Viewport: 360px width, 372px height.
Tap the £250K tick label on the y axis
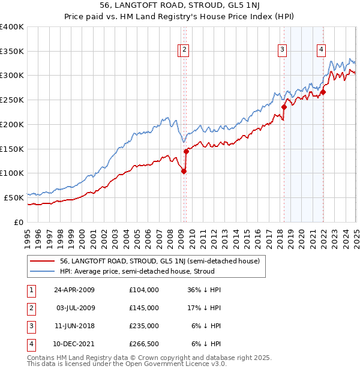pyautogui.click(x=12, y=100)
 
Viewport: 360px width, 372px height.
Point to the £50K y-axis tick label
pyautogui.click(x=14, y=197)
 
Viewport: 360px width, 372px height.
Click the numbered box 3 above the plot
pyautogui.click(x=282, y=50)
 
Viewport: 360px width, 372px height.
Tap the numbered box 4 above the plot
pyautogui.click(x=322, y=50)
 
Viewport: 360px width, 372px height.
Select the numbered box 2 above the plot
pyautogui.click(x=185, y=50)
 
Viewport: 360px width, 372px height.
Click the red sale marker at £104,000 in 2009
pyautogui.click(x=184, y=171)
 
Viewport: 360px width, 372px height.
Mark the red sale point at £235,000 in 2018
pyautogui.click(x=284, y=107)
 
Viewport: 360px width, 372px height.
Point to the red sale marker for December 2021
pyautogui.click(x=323, y=92)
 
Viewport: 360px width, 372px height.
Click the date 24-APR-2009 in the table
pyautogui.click(x=74, y=290)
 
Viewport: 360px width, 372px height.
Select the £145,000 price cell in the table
pyautogui.click(x=144, y=308)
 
